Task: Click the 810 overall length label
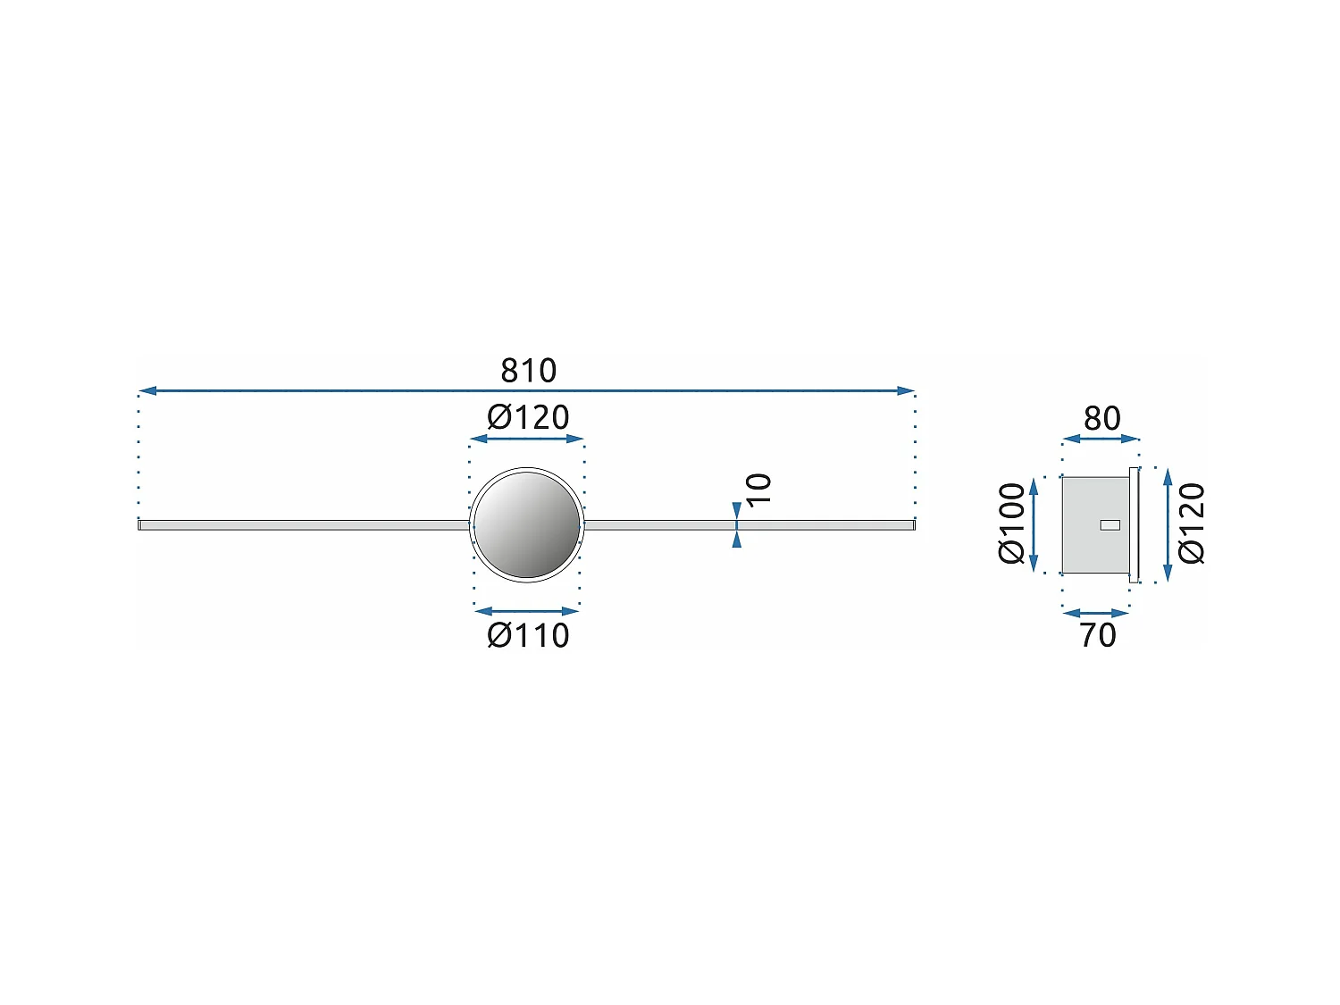click(529, 371)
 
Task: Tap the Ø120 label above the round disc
click(528, 418)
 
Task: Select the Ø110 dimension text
click(528, 636)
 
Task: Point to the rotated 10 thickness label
click(758, 489)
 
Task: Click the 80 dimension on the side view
click(1101, 419)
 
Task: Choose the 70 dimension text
click(1098, 636)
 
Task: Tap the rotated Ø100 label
click(1011, 523)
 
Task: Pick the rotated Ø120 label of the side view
click(1192, 523)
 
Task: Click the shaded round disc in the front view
click(527, 524)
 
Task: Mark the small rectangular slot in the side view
click(1110, 524)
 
